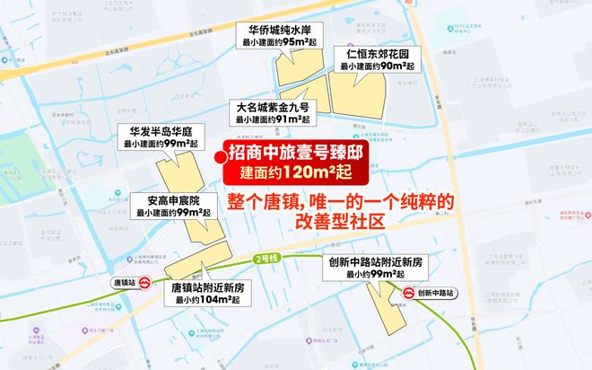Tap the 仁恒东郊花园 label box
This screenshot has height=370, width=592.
tap(371, 58)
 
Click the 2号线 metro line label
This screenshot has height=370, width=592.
tap(266, 259)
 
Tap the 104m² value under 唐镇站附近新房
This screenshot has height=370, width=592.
tap(219, 300)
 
